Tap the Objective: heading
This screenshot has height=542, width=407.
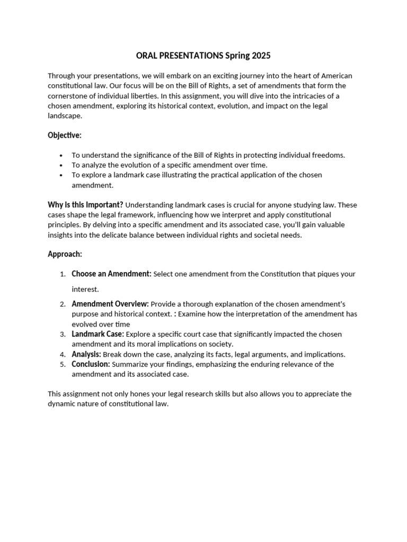click(65, 135)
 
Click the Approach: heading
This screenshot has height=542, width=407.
click(65, 254)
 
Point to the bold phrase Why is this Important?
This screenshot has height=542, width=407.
click(85, 204)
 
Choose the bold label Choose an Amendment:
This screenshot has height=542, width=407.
click(111, 274)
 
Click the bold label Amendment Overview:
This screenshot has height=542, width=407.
click(110, 304)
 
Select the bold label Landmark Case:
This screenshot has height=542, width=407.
click(98, 334)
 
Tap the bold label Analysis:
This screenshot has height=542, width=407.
click(86, 354)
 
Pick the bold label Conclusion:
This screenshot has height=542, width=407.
click(91, 364)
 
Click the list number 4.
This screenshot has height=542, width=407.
click(62, 355)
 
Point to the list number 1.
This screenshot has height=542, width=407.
click(62, 274)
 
